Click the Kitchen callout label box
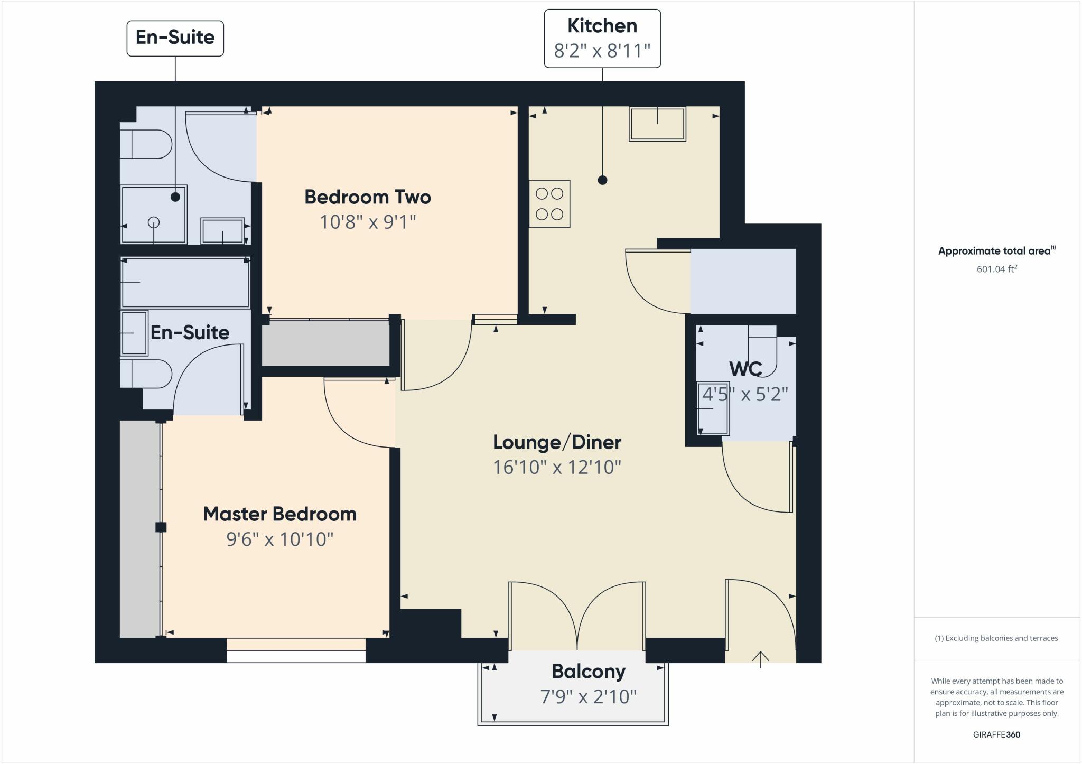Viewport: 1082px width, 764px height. point(602,38)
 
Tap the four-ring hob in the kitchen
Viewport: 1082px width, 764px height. point(549,204)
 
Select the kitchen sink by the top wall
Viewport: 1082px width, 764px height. point(657,124)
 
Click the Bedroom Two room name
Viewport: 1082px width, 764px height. point(368,197)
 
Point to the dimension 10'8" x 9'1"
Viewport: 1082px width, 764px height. point(368,222)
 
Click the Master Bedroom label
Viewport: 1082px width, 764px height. point(279,514)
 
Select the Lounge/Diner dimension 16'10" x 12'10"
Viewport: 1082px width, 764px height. point(557,468)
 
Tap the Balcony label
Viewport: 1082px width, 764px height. point(589,672)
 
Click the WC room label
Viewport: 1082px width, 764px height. point(745,369)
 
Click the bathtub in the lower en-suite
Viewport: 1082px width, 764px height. point(185,283)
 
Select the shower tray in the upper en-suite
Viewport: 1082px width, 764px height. point(154,214)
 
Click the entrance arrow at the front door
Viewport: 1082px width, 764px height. point(760,659)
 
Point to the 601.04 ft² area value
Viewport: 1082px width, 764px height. point(996,269)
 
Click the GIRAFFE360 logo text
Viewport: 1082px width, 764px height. point(996,734)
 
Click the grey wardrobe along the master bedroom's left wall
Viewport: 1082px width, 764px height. point(139,528)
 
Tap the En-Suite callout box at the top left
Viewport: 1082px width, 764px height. point(175,38)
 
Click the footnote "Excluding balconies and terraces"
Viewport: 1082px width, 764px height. point(996,638)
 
